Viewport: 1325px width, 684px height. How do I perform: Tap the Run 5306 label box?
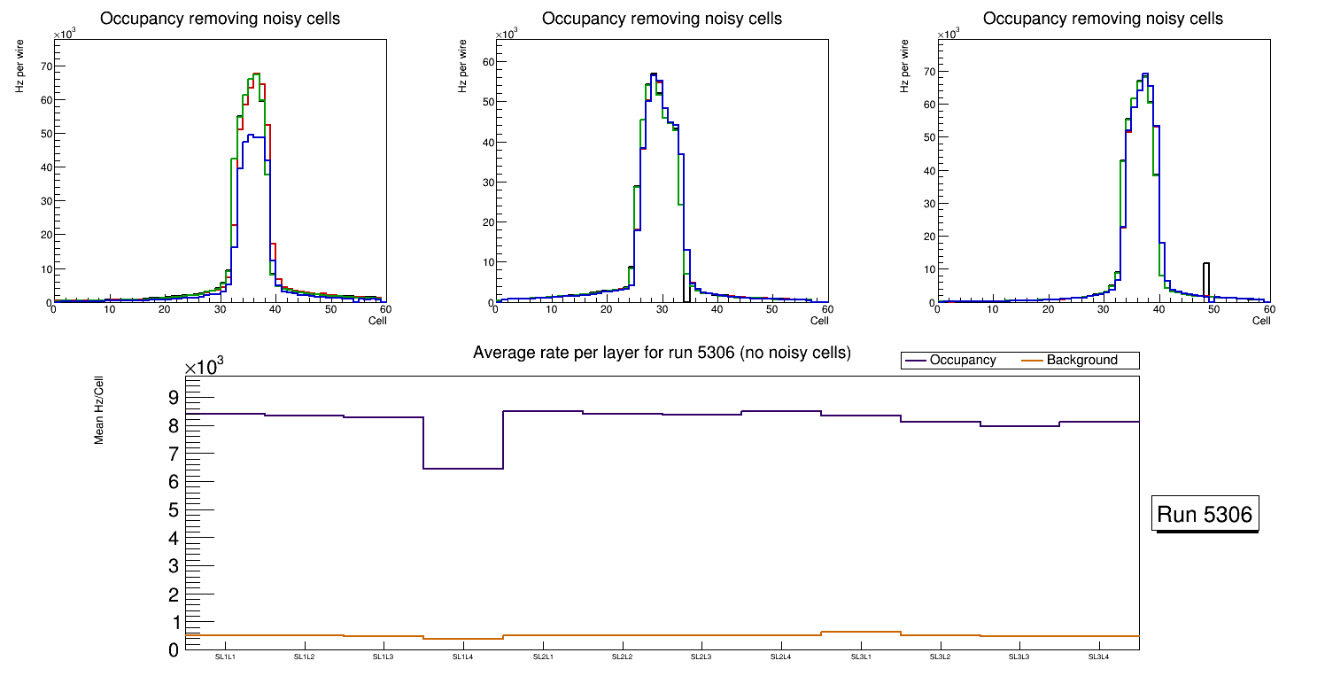(1206, 514)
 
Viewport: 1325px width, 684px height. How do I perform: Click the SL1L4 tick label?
(463, 657)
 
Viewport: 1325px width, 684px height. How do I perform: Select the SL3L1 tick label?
(861, 657)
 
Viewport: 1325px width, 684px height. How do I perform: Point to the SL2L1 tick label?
(543, 657)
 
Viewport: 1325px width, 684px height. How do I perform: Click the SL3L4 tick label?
(1099, 657)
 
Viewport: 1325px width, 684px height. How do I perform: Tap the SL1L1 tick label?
(225, 657)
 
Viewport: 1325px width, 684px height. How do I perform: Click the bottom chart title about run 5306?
(662, 353)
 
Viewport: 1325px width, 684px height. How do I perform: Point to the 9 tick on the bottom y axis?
(174, 397)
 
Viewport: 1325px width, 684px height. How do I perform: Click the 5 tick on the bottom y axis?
(174, 510)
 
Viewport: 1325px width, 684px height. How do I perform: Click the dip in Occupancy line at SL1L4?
(463, 468)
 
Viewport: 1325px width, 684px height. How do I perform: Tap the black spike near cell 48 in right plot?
(1205, 279)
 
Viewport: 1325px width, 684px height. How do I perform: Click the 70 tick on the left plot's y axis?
(43, 66)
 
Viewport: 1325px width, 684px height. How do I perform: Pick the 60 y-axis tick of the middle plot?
(485, 62)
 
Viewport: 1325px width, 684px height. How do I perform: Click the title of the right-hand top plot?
(1103, 18)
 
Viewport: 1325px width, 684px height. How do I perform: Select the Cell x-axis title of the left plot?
(377, 320)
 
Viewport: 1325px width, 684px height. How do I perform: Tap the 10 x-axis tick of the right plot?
(993, 309)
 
